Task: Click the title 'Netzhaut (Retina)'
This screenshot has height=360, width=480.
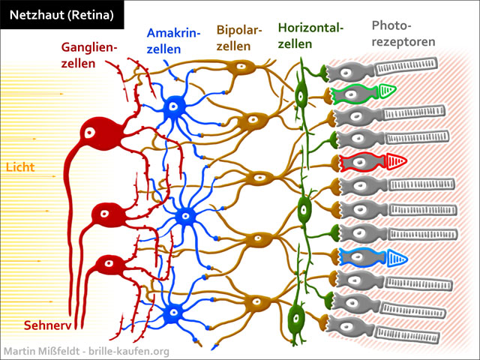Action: [x=61, y=15]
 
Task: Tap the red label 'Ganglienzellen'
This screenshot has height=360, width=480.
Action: [x=89, y=55]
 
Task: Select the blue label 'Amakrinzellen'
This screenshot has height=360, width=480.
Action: [x=173, y=40]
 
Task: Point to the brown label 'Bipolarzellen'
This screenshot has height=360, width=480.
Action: [x=239, y=38]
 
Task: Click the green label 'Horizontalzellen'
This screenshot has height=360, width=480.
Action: [x=310, y=36]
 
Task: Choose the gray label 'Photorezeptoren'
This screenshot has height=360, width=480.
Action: [x=403, y=33]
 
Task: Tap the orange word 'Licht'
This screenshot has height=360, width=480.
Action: [x=20, y=167]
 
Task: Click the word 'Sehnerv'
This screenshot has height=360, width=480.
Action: [x=47, y=325]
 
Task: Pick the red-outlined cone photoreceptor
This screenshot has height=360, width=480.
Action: [x=373, y=162]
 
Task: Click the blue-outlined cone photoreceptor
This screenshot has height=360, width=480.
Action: [x=373, y=258]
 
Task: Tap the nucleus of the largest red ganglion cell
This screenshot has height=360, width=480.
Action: [x=90, y=133]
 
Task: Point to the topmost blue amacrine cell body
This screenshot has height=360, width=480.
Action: [x=173, y=106]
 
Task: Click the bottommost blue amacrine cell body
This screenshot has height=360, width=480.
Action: [x=173, y=313]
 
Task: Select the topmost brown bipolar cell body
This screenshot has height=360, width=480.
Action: [x=241, y=67]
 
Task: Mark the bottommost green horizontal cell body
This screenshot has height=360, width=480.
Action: [x=295, y=318]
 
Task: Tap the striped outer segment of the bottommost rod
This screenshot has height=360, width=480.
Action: [x=407, y=335]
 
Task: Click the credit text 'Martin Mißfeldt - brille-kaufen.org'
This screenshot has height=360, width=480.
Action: [x=87, y=351]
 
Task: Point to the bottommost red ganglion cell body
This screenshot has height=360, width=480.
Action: [x=109, y=265]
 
